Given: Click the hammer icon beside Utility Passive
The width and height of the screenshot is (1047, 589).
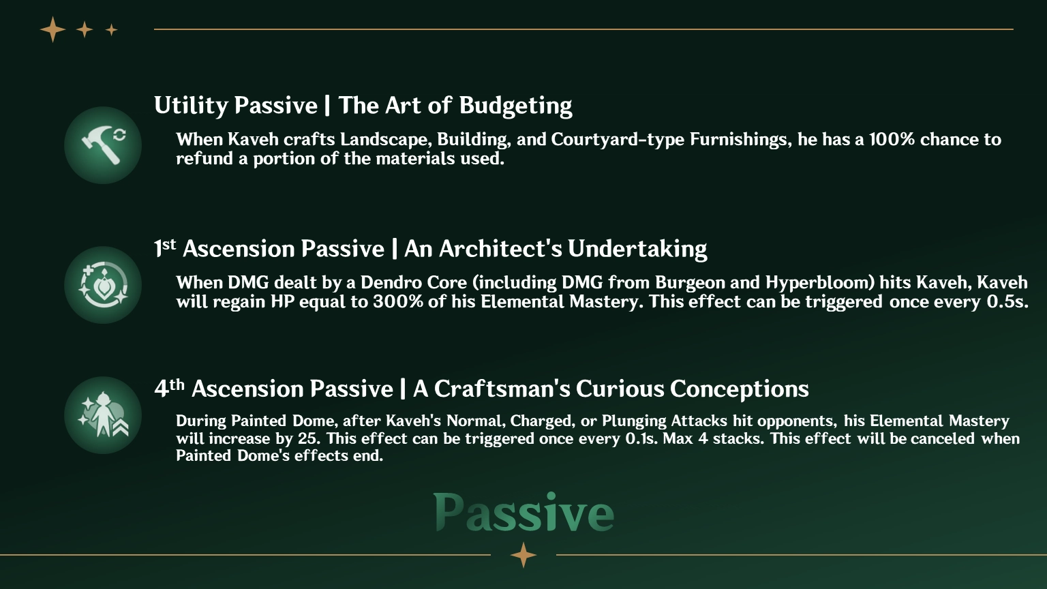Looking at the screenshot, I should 103,145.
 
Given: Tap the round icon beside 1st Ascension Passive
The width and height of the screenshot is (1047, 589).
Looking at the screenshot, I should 103,285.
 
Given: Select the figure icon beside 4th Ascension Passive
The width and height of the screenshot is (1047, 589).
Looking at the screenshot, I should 103,415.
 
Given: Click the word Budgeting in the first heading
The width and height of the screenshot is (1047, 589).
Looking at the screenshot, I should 515,106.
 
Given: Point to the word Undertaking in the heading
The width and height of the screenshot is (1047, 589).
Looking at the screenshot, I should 637,250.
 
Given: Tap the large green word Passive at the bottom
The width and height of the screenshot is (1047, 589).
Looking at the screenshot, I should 523,513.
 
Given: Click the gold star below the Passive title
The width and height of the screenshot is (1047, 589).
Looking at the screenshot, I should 523,555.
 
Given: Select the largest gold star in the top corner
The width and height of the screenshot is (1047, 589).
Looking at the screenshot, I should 52,29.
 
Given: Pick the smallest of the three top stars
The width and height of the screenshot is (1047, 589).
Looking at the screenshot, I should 112,29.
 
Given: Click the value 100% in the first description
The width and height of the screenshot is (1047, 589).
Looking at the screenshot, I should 892,140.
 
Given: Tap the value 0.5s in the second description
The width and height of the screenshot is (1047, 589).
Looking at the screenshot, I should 1007,301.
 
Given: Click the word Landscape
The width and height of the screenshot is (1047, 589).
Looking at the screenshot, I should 384,140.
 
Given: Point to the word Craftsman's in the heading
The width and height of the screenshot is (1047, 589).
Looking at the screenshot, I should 502,389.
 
